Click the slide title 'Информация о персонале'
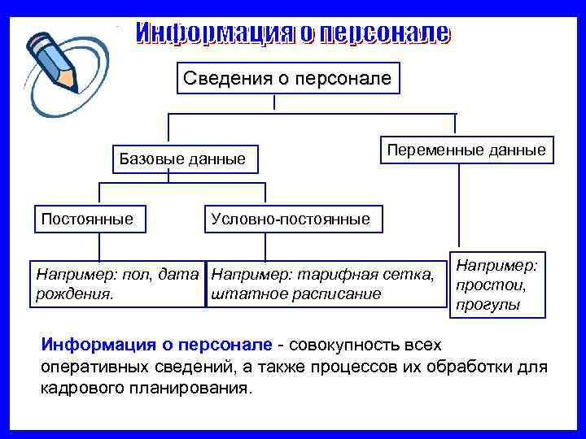[x=292, y=33]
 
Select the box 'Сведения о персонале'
[x=287, y=78]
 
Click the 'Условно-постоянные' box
[x=291, y=219]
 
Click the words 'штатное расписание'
[x=295, y=293]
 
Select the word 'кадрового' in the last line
[x=79, y=388]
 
